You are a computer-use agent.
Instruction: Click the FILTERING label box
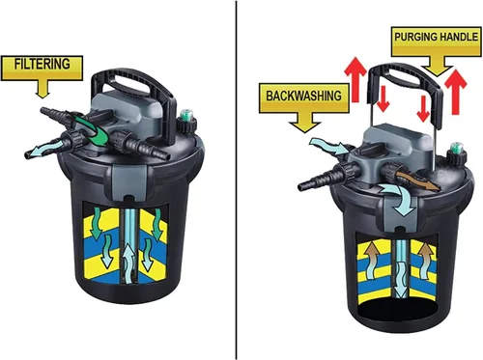pyautogui.click(x=42, y=68)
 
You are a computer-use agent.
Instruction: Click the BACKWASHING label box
pyautogui.click(x=304, y=98)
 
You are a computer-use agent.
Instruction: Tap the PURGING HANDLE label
pyautogui.click(x=437, y=42)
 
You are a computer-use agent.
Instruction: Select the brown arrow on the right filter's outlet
pyautogui.click(x=417, y=181)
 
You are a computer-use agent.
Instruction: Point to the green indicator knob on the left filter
pyautogui.click(x=186, y=115)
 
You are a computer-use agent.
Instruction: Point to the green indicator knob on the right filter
pyautogui.click(x=457, y=148)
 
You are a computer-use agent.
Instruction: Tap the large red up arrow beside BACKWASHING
pyautogui.click(x=355, y=79)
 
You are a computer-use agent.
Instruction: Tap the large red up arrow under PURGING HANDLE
pyautogui.click(x=455, y=92)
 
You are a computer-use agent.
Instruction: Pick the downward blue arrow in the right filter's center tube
pyautogui.click(x=401, y=279)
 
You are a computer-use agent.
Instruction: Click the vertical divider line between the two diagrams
pyautogui.click(x=237, y=180)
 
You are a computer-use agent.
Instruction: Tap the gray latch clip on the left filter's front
pyautogui.click(x=129, y=182)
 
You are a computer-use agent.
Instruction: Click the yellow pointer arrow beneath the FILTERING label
pyautogui.click(x=43, y=89)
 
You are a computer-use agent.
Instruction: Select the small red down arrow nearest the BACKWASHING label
pyautogui.click(x=383, y=98)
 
